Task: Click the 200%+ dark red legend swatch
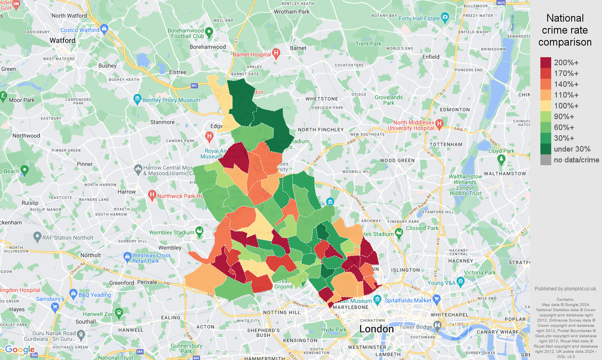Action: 546,62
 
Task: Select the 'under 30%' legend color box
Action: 546,149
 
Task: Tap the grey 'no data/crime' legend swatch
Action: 546,160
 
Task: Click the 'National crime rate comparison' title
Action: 565,30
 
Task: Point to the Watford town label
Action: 62,40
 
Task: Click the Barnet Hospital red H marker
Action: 276,54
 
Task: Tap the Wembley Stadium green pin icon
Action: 199,231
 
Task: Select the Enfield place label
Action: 431,57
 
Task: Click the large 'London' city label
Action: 376,329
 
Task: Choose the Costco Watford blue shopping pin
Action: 104,29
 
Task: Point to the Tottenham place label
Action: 446,144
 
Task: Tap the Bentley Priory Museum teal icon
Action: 138,99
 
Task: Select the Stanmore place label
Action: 162,122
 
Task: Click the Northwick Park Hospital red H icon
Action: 152,195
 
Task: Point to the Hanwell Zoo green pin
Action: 119,312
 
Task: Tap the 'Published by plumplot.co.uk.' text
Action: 566,288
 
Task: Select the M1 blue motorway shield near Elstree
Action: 194,86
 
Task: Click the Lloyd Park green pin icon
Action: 501,159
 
